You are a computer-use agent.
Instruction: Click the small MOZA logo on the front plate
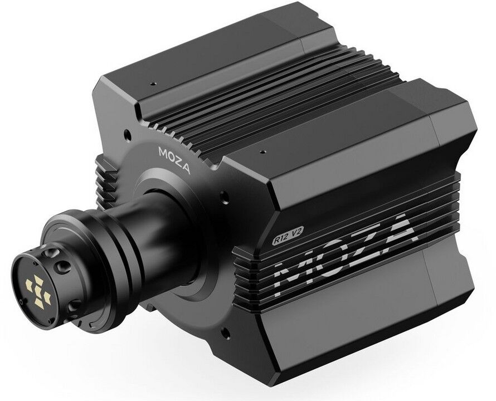click(x=174, y=160)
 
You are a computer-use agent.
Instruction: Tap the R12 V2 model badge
click(x=289, y=236)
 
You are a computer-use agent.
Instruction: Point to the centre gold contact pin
click(x=38, y=290)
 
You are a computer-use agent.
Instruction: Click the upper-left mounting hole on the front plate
click(x=127, y=134)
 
